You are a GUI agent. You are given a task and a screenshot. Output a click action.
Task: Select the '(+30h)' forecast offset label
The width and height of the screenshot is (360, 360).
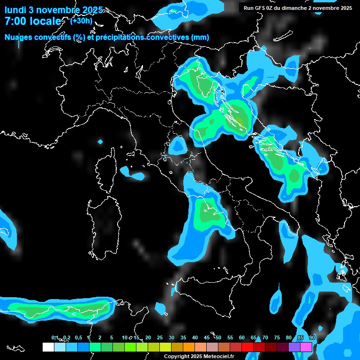pos(81,21)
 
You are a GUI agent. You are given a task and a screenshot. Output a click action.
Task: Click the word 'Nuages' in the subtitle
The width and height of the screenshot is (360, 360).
pos(19,37)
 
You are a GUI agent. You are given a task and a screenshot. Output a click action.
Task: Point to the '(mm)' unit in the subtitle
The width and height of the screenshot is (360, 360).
pos(200,37)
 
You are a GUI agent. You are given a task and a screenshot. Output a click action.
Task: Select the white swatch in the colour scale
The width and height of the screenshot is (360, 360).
pos(48,347)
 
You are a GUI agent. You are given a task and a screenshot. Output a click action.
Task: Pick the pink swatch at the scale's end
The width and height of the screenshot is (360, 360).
pos(306,347)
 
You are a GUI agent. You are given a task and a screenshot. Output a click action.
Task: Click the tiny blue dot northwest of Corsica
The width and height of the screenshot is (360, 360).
pos(100,141)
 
